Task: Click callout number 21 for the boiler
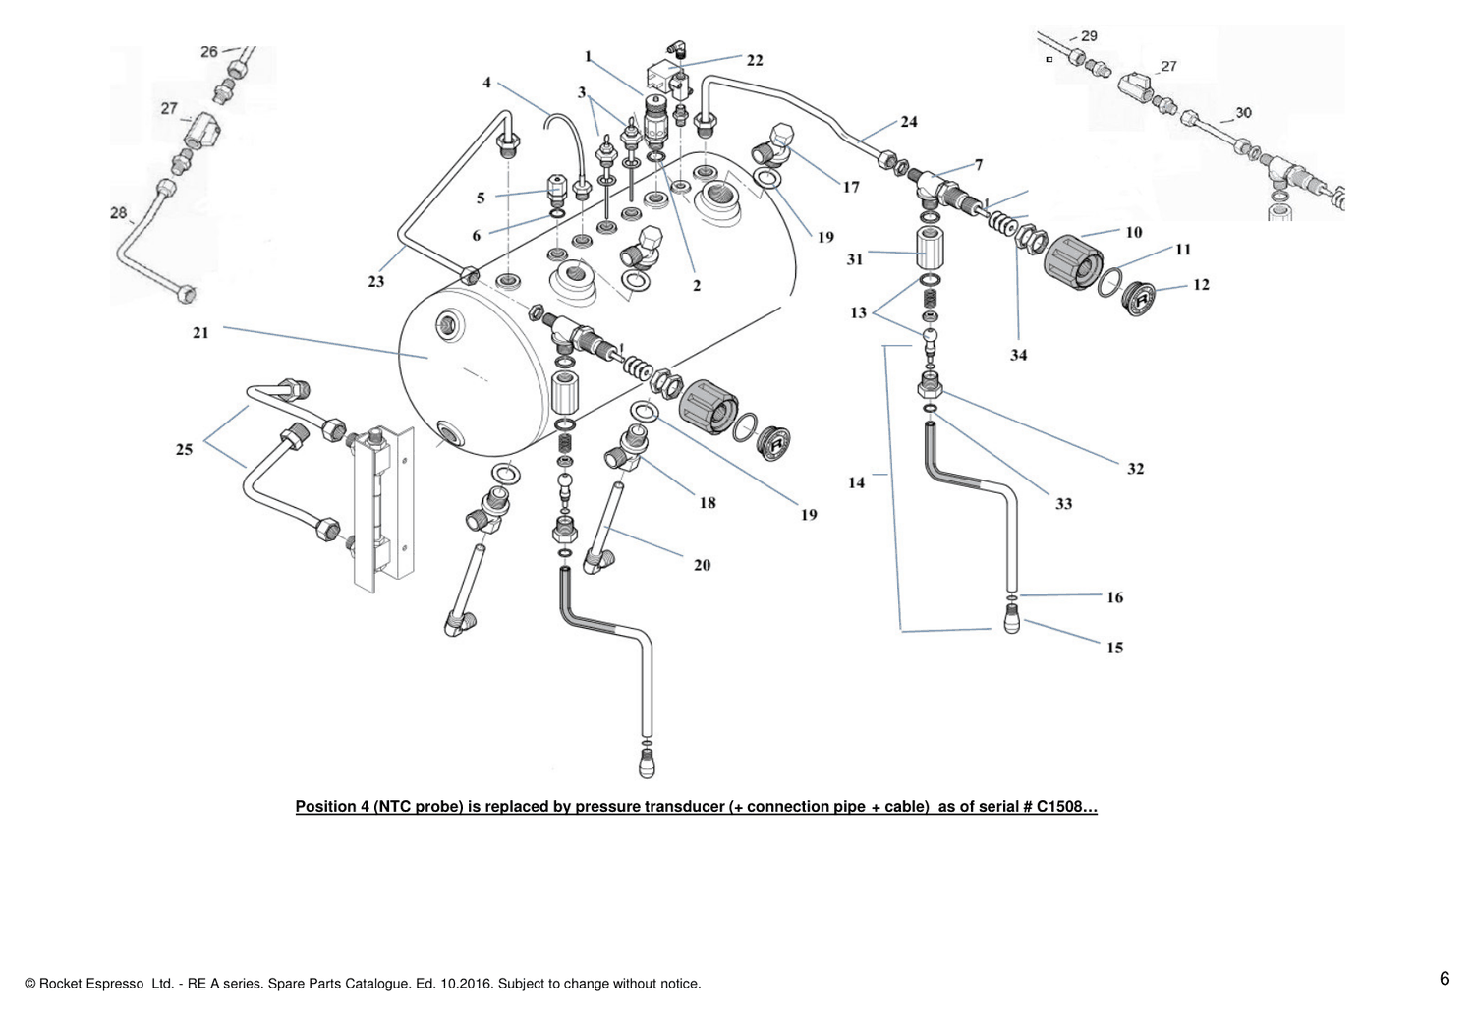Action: (x=200, y=333)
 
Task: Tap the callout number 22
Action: (x=755, y=61)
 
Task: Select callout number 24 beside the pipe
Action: (x=909, y=122)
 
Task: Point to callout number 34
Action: (x=1019, y=356)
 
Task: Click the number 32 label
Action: (x=1136, y=469)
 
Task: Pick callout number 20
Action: (x=703, y=565)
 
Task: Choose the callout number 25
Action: (x=185, y=449)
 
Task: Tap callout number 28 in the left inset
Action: (x=119, y=212)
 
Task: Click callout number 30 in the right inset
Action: (x=1243, y=113)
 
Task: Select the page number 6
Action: (x=1445, y=979)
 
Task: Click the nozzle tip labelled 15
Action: (x=1012, y=620)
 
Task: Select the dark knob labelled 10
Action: (x=1073, y=262)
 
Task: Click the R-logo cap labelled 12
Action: (x=1138, y=299)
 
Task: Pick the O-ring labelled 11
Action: (x=1110, y=282)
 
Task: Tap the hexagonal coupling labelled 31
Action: (x=930, y=248)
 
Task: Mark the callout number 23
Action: (x=375, y=282)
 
